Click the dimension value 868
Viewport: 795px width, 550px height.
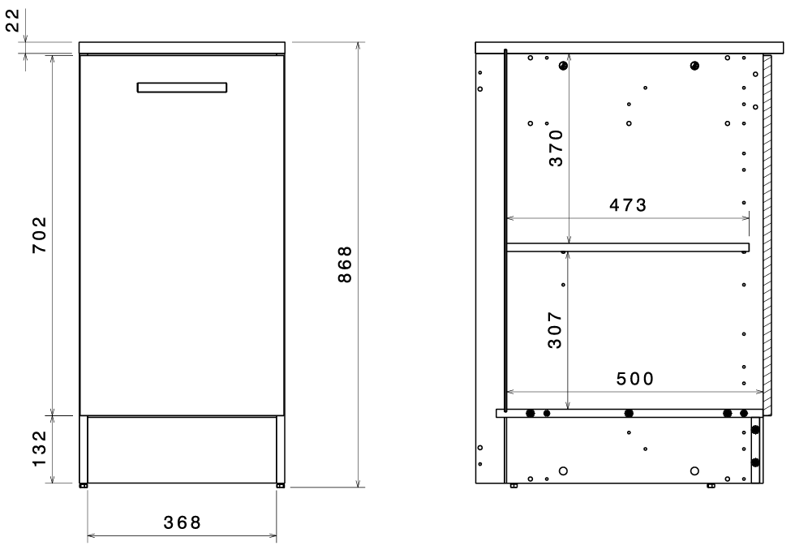coord(345,264)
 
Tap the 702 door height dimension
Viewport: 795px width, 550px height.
coord(40,234)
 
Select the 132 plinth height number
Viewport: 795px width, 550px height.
coord(40,449)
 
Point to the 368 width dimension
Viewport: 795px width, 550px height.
coord(182,522)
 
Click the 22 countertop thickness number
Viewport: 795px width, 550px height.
coord(13,20)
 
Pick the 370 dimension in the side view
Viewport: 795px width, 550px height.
coord(556,148)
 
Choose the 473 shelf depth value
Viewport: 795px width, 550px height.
coord(628,204)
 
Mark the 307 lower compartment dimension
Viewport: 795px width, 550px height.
coord(555,330)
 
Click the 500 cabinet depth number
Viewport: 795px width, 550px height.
coord(634,379)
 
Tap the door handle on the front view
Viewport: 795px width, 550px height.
coord(182,87)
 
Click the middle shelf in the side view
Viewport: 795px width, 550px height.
coord(628,247)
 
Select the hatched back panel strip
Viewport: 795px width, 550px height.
coord(767,234)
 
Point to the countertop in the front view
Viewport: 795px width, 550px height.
coord(182,48)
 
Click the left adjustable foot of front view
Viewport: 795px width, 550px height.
coord(83,486)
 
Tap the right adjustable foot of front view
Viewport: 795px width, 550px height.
coord(281,486)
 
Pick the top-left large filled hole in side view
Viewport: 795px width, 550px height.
coord(563,66)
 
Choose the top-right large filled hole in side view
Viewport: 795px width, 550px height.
coord(694,66)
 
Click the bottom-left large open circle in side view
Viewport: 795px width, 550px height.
coord(563,471)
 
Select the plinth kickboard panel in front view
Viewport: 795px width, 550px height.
coord(182,449)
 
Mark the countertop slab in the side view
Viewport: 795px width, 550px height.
coord(630,48)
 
